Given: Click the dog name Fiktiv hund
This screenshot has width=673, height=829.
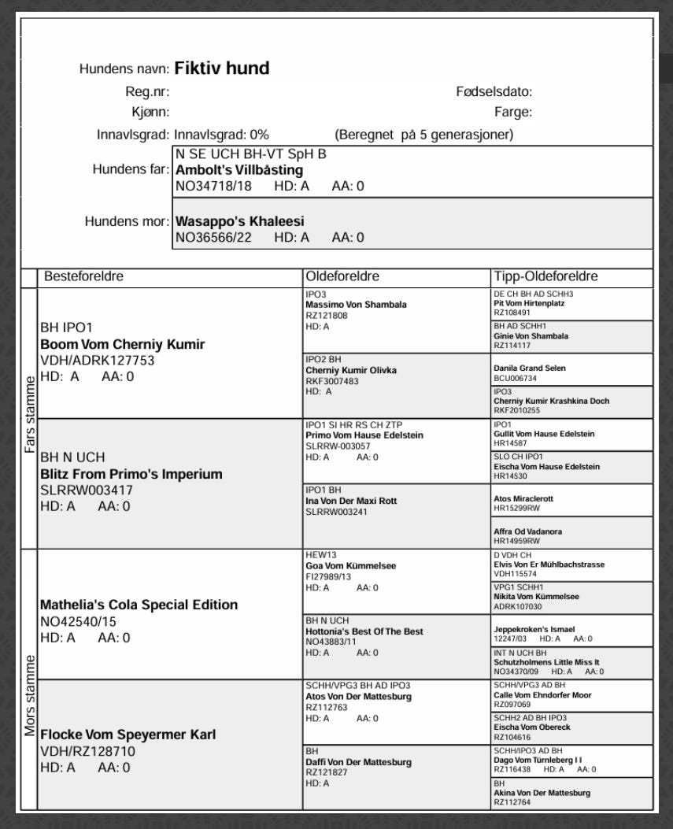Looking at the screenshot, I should (x=222, y=68).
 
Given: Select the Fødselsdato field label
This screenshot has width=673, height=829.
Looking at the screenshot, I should (x=494, y=92).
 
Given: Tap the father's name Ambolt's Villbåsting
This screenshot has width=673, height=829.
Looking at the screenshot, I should (x=239, y=170).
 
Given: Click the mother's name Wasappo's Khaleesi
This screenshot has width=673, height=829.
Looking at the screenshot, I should (x=239, y=221).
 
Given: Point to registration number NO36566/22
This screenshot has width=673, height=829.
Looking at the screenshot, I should (x=213, y=237).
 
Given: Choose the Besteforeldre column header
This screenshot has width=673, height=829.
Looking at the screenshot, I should (x=84, y=277).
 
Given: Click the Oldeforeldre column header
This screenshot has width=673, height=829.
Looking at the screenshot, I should (x=342, y=277).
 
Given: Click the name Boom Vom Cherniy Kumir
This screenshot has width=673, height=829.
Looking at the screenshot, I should (x=122, y=344).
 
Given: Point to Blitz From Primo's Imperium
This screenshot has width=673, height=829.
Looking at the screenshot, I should (x=131, y=474).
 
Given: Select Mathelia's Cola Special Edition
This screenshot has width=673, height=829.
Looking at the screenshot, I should (x=139, y=605).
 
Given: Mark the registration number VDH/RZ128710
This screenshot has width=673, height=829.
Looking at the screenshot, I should (x=87, y=751).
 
